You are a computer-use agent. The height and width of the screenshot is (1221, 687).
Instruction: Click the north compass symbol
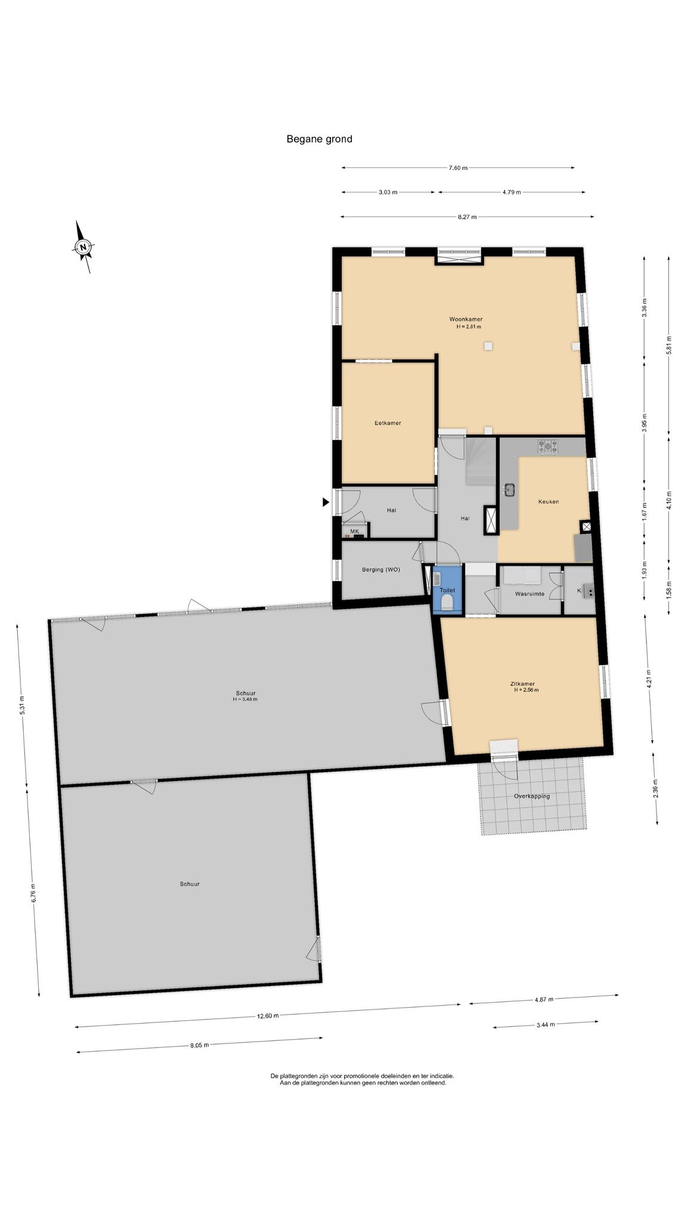point(84,247)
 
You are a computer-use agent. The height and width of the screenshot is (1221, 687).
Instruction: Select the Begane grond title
point(319,140)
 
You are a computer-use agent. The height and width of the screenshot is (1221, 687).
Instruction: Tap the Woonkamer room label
point(466,319)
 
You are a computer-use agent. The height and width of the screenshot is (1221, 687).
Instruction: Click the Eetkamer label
point(388,423)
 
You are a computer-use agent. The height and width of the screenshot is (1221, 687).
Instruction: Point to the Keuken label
point(549,501)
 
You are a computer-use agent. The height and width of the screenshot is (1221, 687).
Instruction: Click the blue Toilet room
point(448,590)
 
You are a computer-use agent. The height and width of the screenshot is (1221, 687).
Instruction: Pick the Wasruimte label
point(530,594)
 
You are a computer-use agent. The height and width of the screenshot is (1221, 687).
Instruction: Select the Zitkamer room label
point(522,684)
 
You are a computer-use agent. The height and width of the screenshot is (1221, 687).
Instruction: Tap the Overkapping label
point(532,796)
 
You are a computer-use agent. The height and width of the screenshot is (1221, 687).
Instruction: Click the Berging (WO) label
point(381,569)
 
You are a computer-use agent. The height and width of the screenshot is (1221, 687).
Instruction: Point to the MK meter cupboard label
point(355,531)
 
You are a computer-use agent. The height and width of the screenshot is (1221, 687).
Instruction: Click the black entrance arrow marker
point(326,502)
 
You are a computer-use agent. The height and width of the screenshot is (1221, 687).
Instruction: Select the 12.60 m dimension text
point(268,1017)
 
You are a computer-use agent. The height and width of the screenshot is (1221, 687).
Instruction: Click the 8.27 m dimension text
point(467,217)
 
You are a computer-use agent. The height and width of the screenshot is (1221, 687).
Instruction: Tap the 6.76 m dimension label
point(34,893)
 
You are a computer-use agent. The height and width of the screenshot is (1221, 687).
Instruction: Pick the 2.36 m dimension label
point(655,789)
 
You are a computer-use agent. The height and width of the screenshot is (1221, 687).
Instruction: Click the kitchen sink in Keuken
point(509,489)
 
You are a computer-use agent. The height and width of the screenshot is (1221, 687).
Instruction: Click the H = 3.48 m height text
point(245,699)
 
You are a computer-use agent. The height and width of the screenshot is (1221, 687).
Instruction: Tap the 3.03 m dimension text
point(388,192)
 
